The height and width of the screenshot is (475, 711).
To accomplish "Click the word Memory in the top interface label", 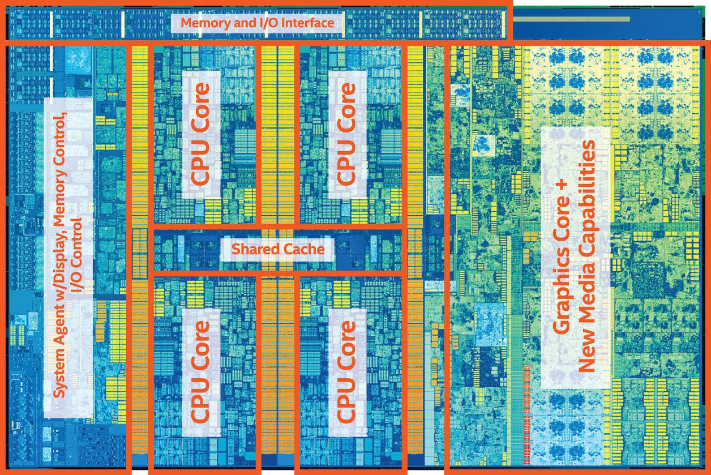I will click(x=203, y=23).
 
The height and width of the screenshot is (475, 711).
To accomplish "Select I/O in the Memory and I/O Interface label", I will click(x=263, y=23).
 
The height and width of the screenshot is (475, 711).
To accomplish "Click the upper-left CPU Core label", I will click(x=201, y=134).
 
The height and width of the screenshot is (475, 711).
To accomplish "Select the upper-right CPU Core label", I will click(x=346, y=134).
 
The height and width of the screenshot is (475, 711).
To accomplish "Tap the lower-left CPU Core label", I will click(x=201, y=371).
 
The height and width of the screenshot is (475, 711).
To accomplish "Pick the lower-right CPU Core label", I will click(x=346, y=371).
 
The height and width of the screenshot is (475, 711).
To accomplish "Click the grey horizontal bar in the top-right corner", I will click(x=572, y=19).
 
